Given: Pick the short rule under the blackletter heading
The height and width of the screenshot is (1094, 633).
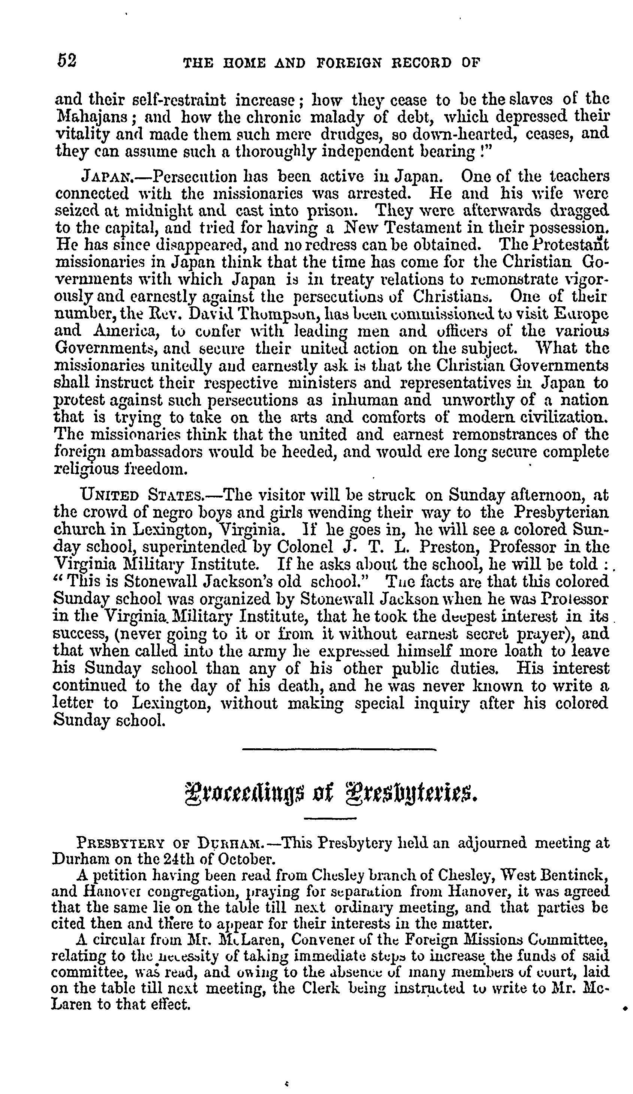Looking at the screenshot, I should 330,819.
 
